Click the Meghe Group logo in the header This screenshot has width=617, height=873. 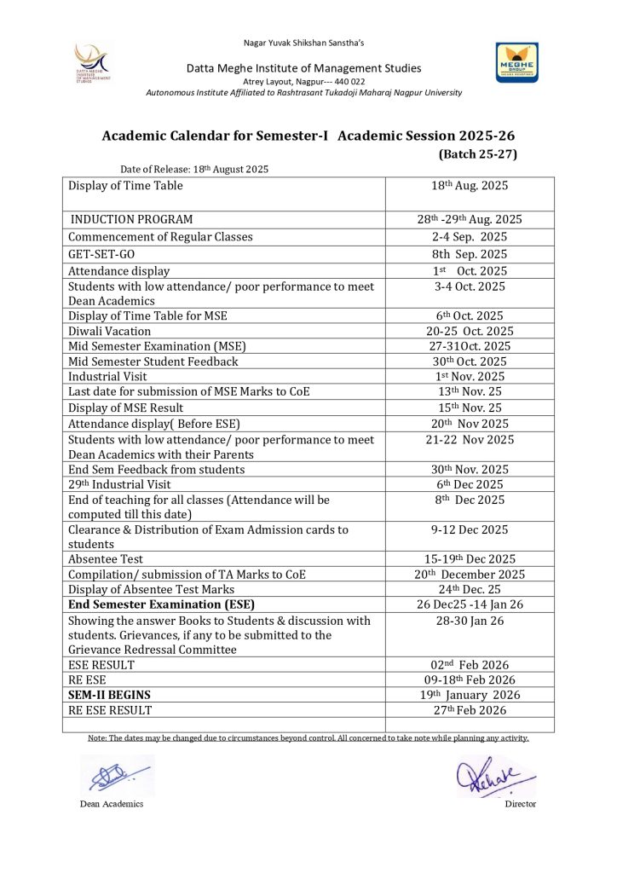coord(516,63)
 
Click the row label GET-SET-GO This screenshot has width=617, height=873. coord(101,254)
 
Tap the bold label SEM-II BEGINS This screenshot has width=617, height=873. coord(110,694)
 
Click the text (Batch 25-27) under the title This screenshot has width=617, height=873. coord(477,154)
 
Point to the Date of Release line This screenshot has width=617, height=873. coord(194,169)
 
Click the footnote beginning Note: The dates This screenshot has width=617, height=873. coord(308,737)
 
